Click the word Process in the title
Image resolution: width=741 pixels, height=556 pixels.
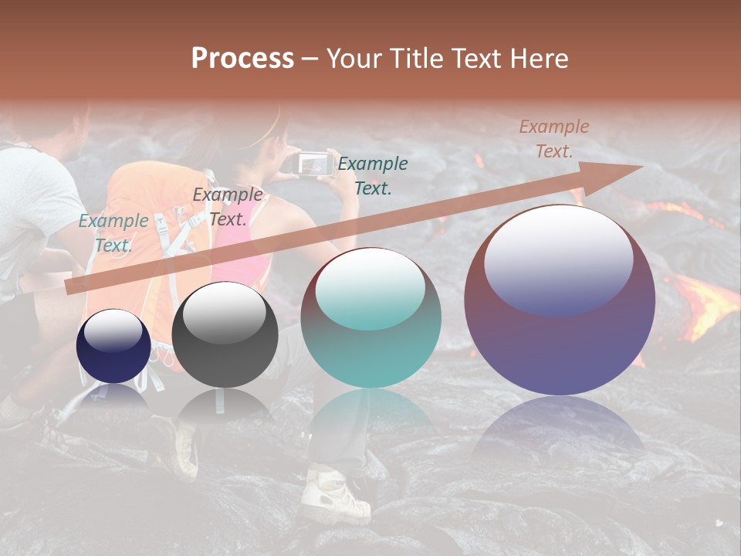pyautogui.click(x=242, y=59)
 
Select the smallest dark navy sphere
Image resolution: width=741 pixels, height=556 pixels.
pyautogui.click(x=113, y=347)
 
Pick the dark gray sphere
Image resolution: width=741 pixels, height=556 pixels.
pyautogui.click(x=225, y=334)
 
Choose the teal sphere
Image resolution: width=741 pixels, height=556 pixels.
pyautogui.click(x=370, y=318)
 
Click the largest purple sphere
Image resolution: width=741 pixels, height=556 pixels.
pyautogui.click(x=560, y=300)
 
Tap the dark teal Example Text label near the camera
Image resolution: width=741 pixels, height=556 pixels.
pyautogui.click(x=373, y=175)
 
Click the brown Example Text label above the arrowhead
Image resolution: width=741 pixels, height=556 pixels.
pyautogui.click(x=553, y=139)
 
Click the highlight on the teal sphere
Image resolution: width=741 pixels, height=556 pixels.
pyautogui.click(x=370, y=287)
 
